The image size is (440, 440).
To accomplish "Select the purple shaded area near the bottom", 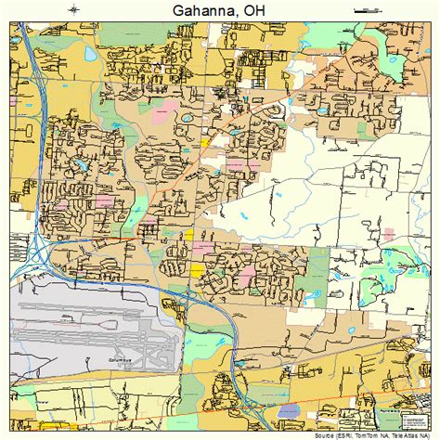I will click(289, 410).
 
